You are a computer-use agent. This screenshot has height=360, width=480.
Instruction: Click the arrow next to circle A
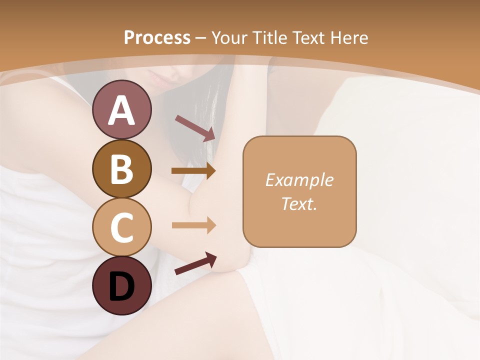pyautogui.click(x=195, y=128)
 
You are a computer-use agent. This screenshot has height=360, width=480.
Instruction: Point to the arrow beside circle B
pyautogui.click(x=193, y=171)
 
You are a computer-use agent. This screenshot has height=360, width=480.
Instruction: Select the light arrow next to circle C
pyautogui.click(x=193, y=225)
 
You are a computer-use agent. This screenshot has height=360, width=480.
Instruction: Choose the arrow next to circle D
pyautogui.click(x=195, y=263)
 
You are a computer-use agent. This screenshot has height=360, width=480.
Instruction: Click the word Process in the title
pyautogui.click(x=157, y=38)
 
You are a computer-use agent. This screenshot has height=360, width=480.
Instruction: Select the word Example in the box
pyautogui.click(x=299, y=180)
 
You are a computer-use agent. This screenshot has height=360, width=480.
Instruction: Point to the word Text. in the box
pyautogui.click(x=299, y=203)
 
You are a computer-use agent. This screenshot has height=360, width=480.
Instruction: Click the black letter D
pyautogui.click(x=121, y=287)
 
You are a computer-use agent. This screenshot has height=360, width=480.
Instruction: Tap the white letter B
pyautogui.click(x=121, y=169)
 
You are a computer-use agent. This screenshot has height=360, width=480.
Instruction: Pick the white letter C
pyautogui.click(x=121, y=227)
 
